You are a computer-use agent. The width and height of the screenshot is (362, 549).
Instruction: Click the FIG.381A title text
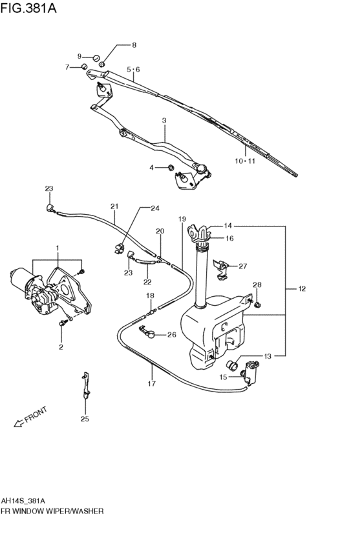(x=28, y=8)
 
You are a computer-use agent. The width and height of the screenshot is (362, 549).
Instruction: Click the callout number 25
(x=85, y=419)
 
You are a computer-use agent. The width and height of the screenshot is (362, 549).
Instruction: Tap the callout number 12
(x=302, y=288)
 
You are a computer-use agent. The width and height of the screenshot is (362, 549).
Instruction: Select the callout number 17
(x=151, y=384)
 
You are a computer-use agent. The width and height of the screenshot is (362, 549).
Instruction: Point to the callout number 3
(x=164, y=121)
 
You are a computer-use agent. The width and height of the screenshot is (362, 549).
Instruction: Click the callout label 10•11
(x=245, y=161)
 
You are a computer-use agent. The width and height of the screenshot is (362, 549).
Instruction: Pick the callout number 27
(x=243, y=266)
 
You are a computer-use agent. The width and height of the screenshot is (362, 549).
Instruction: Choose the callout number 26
(x=171, y=335)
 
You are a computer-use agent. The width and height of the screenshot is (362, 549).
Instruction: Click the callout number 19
(x=182, y=219)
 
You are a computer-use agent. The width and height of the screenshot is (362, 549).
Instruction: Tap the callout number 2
(x=61, y=347)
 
